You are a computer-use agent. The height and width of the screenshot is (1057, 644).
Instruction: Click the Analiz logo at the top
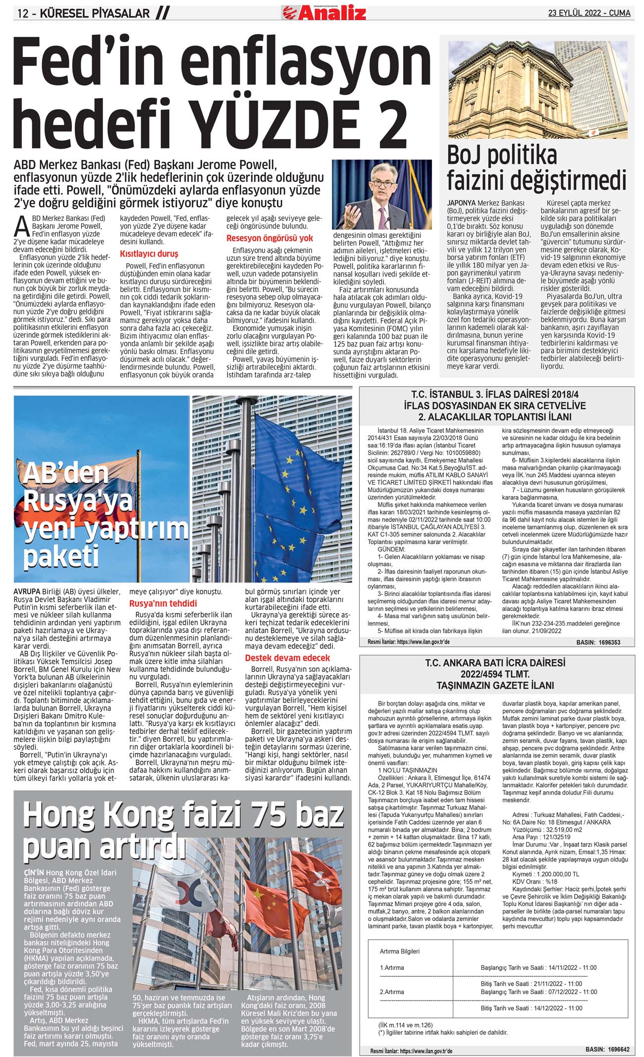[324, 12]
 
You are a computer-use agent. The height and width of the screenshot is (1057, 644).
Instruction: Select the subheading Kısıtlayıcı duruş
[149, 254]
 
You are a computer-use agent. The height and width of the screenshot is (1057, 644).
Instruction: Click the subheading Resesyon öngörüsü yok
[269, 238]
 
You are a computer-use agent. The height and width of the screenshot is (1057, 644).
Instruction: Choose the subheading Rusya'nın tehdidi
[163, 603]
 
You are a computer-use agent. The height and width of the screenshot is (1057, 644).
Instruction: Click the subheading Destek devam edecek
[287, 658]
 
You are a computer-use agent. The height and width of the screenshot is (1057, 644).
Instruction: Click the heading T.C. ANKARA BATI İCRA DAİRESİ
[496, 663]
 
